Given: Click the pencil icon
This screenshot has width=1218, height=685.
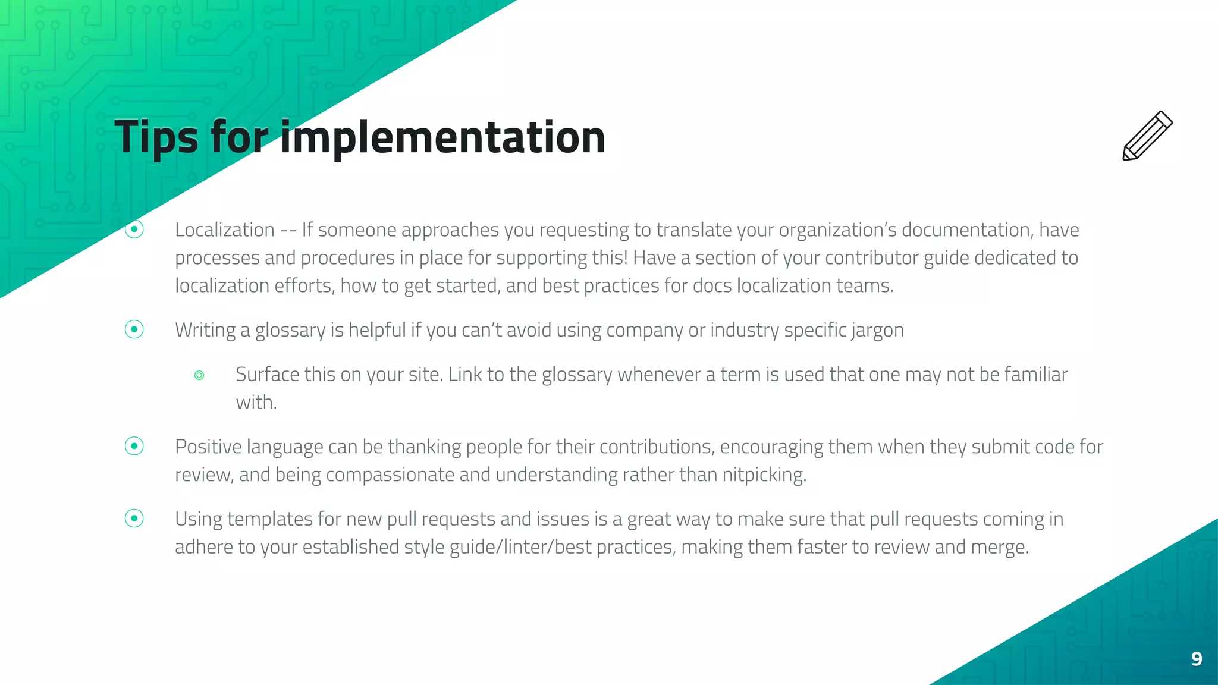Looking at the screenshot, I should (x=1147, y=136).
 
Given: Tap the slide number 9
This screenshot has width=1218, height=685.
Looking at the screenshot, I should (x=1197, y=659).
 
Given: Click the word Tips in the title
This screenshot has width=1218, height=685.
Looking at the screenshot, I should (x=156, y=137).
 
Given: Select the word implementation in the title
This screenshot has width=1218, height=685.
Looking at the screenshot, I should (x=442, y=137).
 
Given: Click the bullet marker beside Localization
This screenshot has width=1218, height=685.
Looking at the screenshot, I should (x=134, y=229).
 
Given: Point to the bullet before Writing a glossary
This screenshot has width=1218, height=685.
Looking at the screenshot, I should (x=134, y=329).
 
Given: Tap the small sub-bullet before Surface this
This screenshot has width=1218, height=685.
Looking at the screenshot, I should (x=199, y=375).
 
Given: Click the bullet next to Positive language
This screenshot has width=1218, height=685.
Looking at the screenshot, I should (x=134, y=446).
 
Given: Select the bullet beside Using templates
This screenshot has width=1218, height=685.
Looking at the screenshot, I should (x=134, y=519).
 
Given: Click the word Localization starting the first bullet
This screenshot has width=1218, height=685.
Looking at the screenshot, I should (x=225, y=230).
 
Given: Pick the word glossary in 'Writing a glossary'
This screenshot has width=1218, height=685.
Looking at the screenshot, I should (x=290, y=331).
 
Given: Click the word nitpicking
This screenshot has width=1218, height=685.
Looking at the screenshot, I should (x=764, y=475).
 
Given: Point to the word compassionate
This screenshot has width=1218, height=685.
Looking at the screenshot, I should (x=390, y=475).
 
